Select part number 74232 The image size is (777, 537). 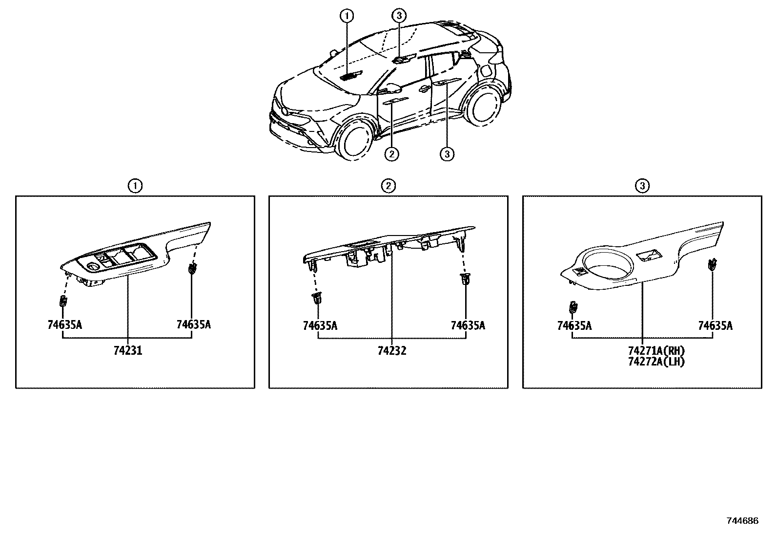click(x=392, y=350)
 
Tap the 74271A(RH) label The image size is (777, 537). click(x=656, y=350)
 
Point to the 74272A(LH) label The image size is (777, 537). click(x=656, y=362)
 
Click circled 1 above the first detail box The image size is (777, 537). click(x=135, y=186)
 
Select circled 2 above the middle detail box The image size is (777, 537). click(x=388, y=186)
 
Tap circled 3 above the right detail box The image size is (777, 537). click(x=642, y=186)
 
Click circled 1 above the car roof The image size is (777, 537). click(x=347, y=16)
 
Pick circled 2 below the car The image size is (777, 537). click(x=391, y=154)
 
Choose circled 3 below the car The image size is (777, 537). click(x=447, y=154)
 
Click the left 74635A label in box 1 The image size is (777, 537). click(x=64, y=324)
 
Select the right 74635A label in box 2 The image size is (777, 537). click(x=468, y=325)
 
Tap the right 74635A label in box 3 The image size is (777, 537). click(x=715, y=325)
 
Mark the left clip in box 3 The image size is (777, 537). click(x=573, y=307)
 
